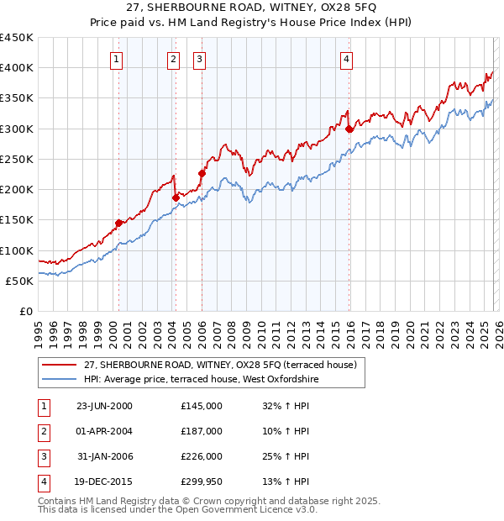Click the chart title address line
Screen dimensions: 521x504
tap(251, 8)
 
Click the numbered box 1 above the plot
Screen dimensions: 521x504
tap(116, 59)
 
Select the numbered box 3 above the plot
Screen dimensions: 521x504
tap(200, 59)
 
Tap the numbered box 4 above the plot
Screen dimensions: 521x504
tap(346, 59)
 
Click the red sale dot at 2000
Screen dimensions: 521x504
tap(118, 223)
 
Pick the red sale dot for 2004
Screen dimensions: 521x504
tap(176, 197)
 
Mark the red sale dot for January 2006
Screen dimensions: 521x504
tap(202, 174)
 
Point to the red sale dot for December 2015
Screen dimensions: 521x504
tap(349, 129)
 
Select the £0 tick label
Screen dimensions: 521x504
tap(25, 312)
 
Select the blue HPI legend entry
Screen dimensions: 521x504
tap(202, 379)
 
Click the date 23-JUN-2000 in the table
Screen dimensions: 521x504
tap(104, 406)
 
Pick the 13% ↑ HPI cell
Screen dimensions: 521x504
tap(286, 482)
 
